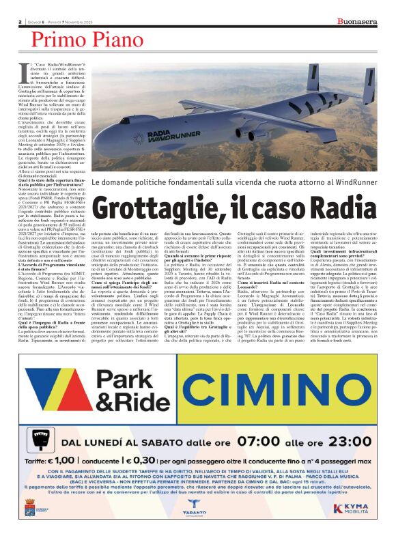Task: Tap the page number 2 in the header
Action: pos(20,22)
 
